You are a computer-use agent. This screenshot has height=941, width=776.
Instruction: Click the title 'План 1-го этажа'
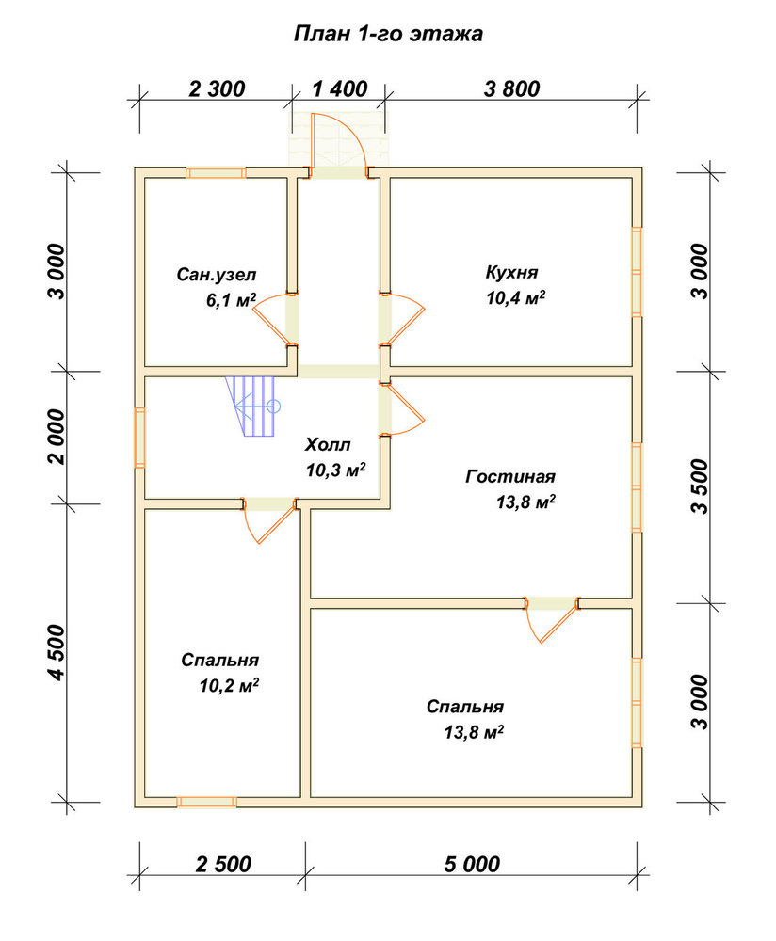pos(388,34)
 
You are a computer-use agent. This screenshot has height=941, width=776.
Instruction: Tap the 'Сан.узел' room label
pos(217,275)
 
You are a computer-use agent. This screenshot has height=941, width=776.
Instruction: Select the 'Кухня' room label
pos(511,272)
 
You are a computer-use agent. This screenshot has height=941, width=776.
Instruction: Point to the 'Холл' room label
pos(328,445)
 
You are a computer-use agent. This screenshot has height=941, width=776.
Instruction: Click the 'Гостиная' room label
pos(510,476)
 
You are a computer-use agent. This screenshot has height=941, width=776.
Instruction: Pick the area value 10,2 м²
pos(230,685)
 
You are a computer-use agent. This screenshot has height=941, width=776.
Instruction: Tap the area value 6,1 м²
pos(232,299)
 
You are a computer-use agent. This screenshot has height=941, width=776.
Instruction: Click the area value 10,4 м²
pos(516,297)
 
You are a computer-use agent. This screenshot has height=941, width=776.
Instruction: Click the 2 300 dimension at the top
pos(217,88)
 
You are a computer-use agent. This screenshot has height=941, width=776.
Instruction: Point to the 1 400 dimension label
pos(340,88)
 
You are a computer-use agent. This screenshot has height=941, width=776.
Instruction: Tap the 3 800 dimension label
pos(511,88)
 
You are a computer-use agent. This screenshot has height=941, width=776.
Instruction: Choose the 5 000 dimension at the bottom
pos(472,864)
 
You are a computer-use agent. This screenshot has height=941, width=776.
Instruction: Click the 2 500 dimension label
pos(223,864)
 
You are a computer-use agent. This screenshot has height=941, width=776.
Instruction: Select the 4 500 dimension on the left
pos(57,652)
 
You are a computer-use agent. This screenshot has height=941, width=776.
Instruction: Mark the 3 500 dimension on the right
pos(700,486)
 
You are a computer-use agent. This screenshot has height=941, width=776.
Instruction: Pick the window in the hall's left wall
pos(139,438)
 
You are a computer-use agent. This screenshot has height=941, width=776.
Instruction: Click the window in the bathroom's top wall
pos(216,173)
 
